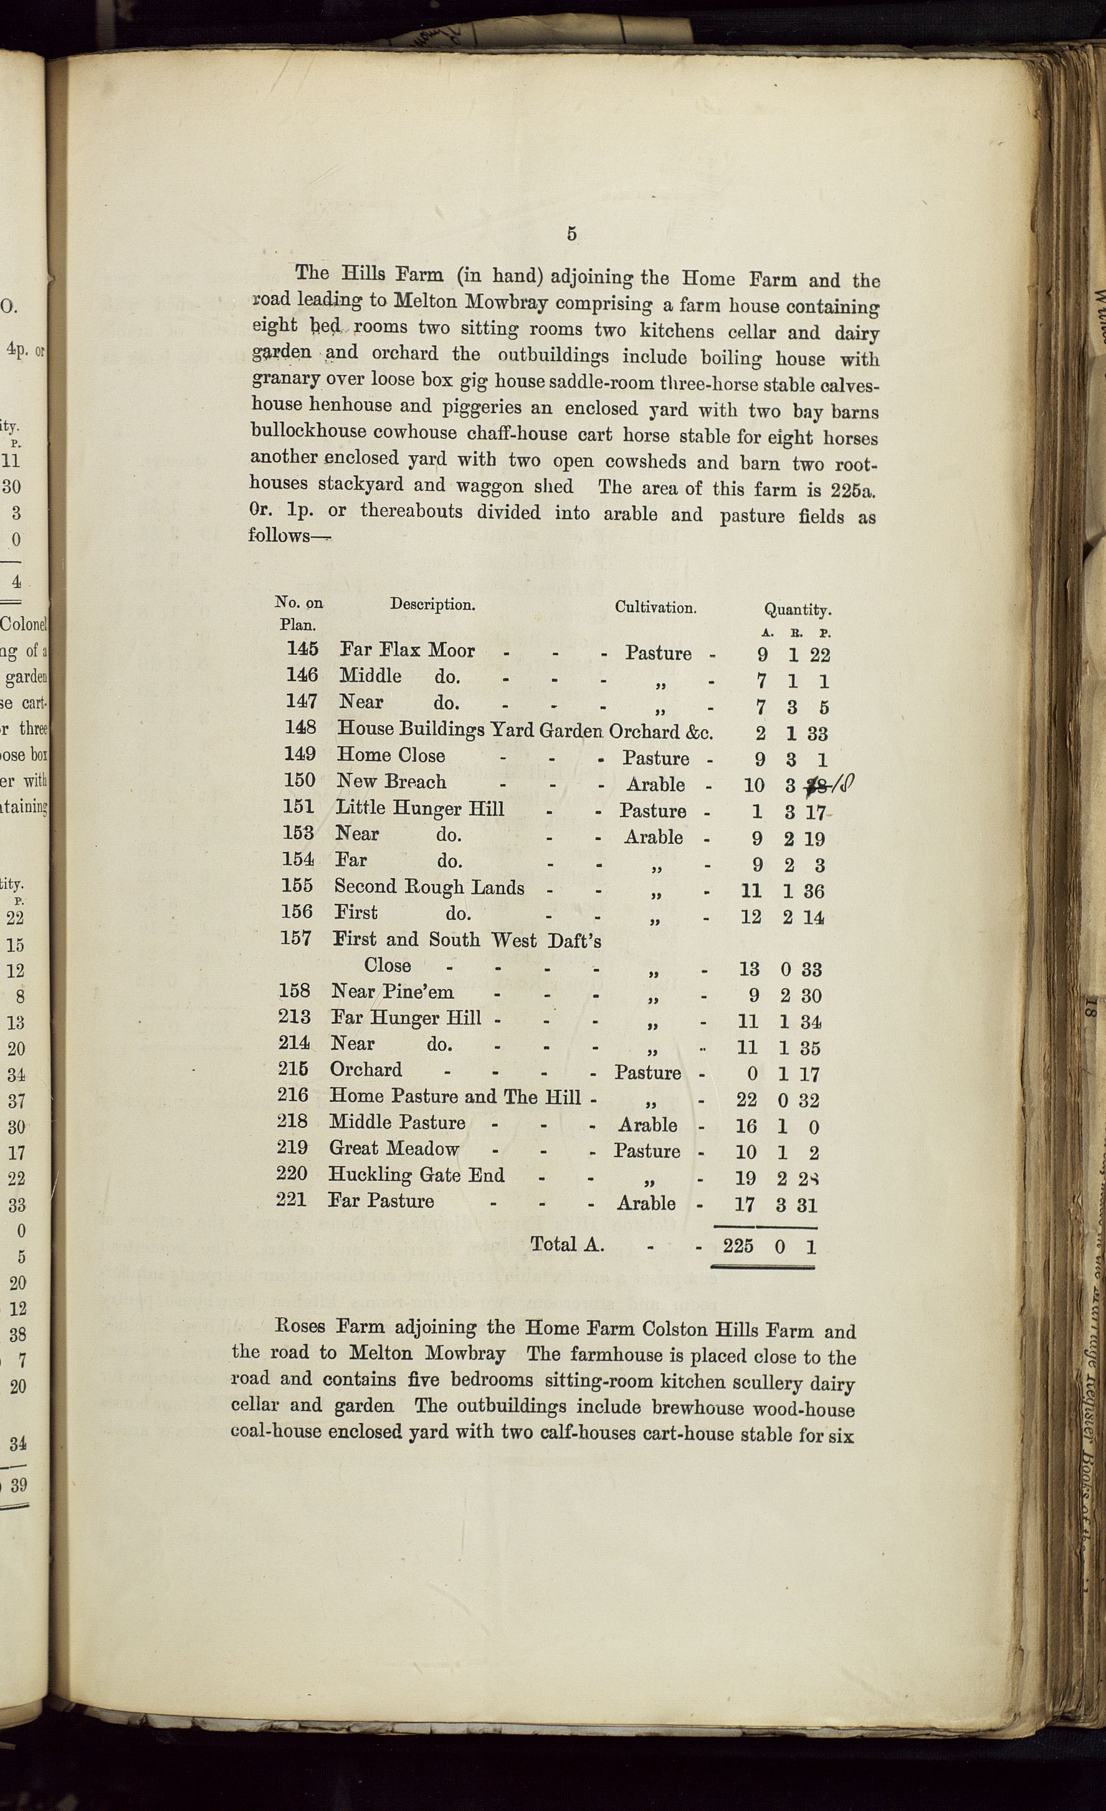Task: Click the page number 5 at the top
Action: click(571, 234)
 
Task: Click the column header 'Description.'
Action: click(432, 605)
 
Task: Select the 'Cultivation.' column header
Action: click(655, 608)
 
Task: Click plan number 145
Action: click(302, 649)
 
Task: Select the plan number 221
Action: click(291, 1199)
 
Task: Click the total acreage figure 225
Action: click(738, 1245)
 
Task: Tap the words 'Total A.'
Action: click(567, 1244)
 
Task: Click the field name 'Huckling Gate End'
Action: click(416, 1175)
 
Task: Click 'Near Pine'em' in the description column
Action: click(392, 991)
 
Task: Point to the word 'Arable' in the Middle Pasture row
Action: click(647, 1125)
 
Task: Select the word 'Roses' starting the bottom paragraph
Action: click(299, 1326)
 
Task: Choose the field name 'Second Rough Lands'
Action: click(429, 887)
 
